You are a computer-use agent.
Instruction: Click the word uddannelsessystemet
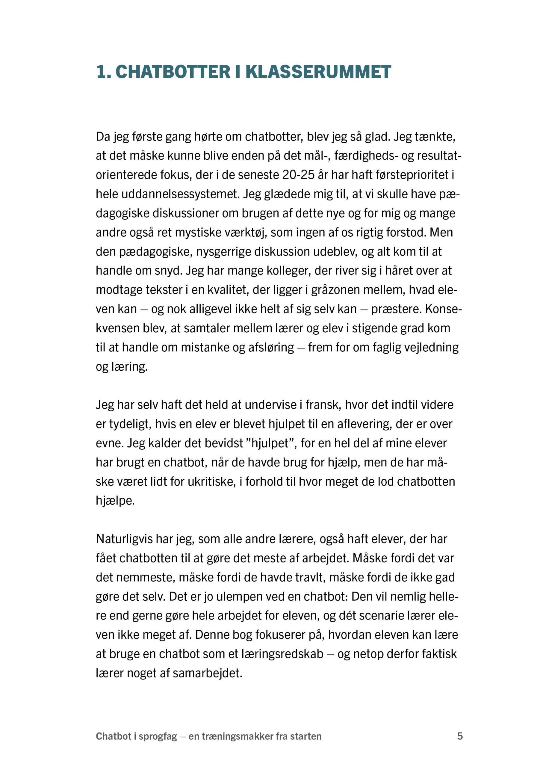(180, 194)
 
